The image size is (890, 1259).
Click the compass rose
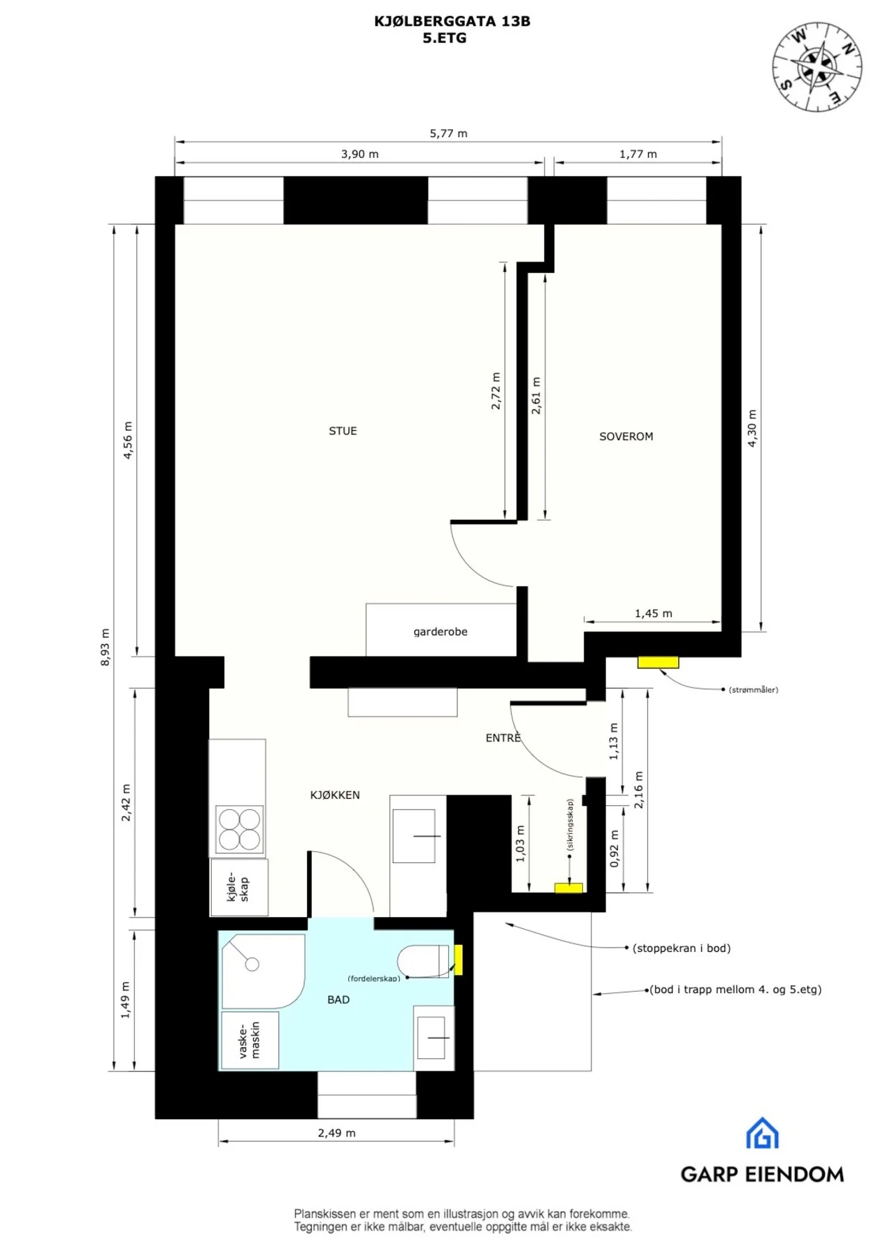(x=817, y=67)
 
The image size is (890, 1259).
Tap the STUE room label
(x=343, y=431)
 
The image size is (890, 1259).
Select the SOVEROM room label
(x=626, y=436)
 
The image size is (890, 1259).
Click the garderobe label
(x=440, y=632)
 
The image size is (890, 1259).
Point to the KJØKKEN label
(x=335, y=795)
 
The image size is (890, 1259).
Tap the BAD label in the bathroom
(x=338, y=1000)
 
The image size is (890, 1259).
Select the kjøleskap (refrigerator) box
(x=239, y=887)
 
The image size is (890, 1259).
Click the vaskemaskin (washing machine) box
(x=250, y=1040)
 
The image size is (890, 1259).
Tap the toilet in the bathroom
(x=424, y=960)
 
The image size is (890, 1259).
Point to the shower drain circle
(x=252, y=965)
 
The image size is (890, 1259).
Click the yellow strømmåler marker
(x=658, y=662)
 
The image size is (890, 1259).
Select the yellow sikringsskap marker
(x=568, y=888)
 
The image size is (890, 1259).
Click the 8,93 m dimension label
(x=105, y=647)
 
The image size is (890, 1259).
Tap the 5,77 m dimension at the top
(x=448, y=133)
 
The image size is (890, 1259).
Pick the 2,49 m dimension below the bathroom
(x=336, y=1132)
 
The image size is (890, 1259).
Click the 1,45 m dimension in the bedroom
(x=653, y=613)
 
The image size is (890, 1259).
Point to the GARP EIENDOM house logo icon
(x=762, y=1133)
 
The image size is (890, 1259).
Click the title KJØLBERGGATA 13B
(x=452, y=21)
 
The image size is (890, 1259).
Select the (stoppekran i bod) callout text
(x=682, y=948)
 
